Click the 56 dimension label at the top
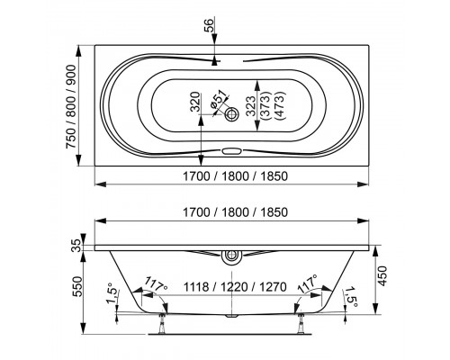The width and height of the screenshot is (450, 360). [210, 25]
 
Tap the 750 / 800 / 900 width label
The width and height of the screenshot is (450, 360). [71, 106]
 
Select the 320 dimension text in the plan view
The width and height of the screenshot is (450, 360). [195, 102]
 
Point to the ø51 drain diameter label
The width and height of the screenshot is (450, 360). [218, 102]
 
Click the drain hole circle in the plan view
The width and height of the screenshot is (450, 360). [231, 114]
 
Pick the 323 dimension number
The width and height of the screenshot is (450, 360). [251, 105]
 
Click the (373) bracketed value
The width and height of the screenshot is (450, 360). [265, 105]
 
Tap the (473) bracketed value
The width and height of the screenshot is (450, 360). [280, 105]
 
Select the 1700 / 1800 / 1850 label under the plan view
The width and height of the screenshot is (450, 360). [236, 176]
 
